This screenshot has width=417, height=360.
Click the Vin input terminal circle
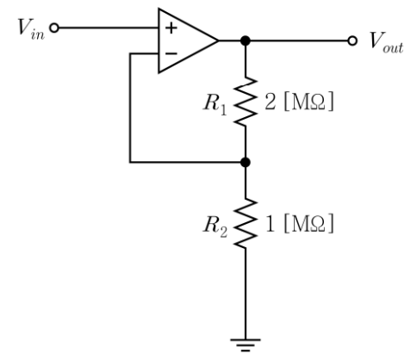(54, 28)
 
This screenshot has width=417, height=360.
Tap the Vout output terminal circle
(352, 40)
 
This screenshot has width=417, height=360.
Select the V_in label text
(31, 28)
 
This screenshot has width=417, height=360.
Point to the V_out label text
(387, 42)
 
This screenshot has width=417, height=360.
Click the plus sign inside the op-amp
(171, 28)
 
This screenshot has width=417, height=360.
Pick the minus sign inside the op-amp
(171, 53)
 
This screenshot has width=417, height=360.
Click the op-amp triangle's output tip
(218, 40)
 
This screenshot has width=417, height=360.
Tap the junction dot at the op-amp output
(246, 40)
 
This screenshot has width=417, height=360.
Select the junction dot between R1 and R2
(246, 163)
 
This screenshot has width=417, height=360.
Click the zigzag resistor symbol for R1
(246, 102)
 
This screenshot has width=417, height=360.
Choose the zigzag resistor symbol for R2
(246, 223)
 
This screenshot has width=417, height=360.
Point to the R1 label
(215, 104)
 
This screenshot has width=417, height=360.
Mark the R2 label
(215, 226)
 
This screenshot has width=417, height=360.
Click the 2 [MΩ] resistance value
(299, 102)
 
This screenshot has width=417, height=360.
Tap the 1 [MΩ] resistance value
(299, 223)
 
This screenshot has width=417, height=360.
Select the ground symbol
(246, 345)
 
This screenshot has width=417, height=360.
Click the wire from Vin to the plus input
(109, 28)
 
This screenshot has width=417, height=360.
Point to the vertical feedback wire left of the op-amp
(130, 108)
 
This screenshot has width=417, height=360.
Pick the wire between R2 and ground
(246, 294)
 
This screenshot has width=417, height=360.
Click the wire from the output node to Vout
(299, 40)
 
